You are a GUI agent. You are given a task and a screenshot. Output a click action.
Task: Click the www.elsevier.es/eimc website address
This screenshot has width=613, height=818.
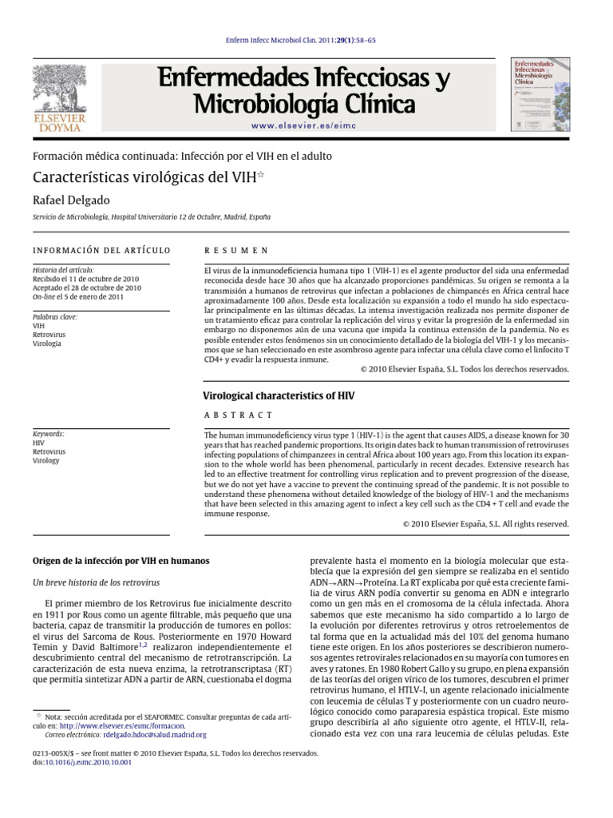[303, 126]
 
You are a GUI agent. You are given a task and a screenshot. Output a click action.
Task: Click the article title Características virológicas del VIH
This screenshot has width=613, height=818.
[144, 177]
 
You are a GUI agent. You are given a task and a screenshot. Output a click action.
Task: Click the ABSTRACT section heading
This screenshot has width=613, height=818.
[239, 415]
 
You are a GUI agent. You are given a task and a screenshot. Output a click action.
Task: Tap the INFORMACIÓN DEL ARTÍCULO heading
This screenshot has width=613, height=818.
[101, 250]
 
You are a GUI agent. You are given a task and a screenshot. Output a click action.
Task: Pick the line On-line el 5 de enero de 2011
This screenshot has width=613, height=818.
[78, 296]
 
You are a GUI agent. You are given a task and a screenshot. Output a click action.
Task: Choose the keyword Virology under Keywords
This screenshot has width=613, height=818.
[46, 461]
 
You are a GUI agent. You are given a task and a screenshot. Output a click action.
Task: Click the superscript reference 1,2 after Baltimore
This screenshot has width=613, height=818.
[143, 643]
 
